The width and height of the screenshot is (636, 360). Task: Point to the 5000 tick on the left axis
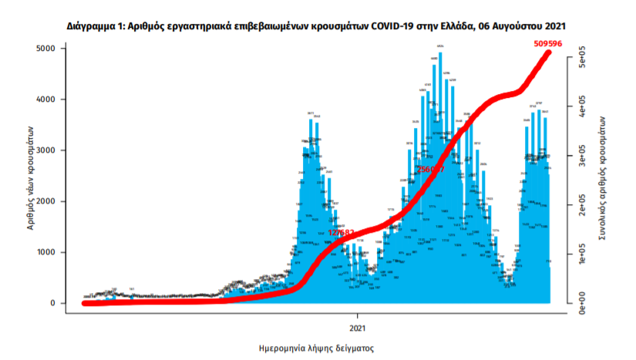(47, 49)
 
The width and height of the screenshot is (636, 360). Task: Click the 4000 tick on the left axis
(47, 99)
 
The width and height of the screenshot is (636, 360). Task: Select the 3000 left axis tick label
(47, 150)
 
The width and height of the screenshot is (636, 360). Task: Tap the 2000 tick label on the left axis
(47, 201)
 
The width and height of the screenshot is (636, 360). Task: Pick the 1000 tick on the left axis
(47, 252)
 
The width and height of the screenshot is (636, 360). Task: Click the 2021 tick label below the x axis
(358, 315)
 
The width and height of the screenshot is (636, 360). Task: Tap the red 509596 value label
(548, 44)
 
